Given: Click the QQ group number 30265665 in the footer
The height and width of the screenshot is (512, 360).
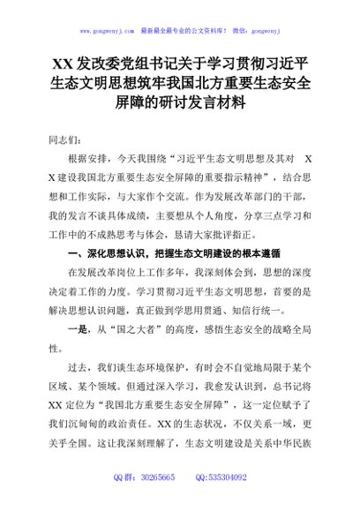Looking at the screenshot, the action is [158, 501].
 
